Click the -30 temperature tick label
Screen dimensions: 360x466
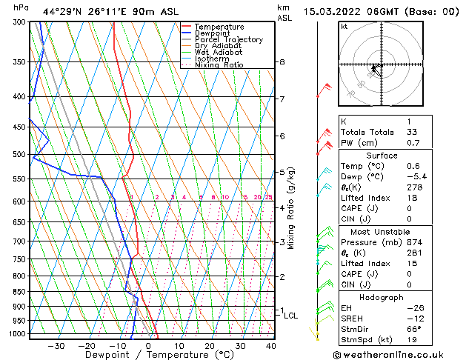(x=56, y=346)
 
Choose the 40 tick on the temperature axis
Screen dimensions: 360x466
(x=271, y=346)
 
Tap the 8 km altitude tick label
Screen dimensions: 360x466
(x=282, y=62)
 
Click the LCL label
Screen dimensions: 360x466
(x=291, y=316)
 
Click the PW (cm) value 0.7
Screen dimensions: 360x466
(x=413, y=143)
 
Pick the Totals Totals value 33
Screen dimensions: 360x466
(x=412, y=132)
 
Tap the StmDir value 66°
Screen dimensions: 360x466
(x=414, y=329)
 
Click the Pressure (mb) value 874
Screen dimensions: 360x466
(x=415, y=242)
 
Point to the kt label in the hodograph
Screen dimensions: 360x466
(x=344, y=27)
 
